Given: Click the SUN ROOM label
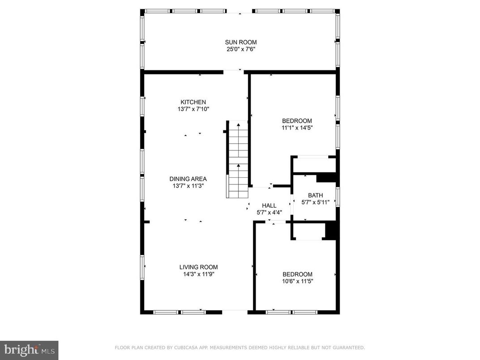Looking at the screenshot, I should (241, 43).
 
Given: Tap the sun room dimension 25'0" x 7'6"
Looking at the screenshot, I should (241, 49).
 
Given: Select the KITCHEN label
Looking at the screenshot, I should (193, 102).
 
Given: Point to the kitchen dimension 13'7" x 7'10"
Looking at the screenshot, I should (193, 109).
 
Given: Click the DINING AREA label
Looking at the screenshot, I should (188, 179).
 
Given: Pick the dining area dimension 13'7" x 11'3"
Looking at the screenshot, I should (188, 185).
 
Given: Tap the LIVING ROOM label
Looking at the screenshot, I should (199, 267).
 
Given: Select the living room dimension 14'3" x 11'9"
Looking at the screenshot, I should (199, 274).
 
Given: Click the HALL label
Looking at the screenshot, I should (269, 206).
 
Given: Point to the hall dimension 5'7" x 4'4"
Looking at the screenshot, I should (269, 212).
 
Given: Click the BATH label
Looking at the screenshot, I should (315, 195).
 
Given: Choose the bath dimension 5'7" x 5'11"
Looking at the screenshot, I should (315, 202).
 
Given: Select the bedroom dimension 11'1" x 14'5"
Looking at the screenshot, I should (297, 128).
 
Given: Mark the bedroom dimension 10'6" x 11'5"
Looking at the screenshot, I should (297, 281).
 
